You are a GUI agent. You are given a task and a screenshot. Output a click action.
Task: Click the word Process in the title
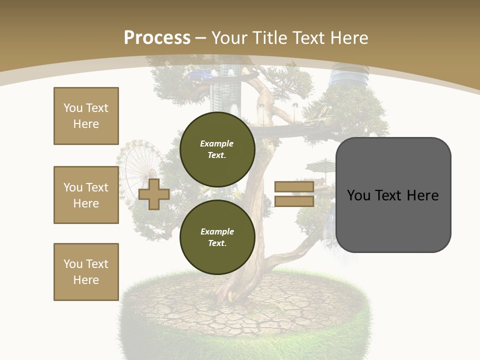click(x=157, y=38)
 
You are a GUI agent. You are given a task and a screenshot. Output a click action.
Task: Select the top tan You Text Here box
click(x=86, y=116)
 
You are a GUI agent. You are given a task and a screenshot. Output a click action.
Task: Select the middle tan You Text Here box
click(x=86, y=195)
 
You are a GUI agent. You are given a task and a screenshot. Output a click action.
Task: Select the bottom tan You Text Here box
click(x=86, y=272)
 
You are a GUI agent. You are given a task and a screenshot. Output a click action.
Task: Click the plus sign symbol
click(x=154, y=194)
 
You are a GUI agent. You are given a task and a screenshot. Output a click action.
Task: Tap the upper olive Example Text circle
click(x=217, y=149)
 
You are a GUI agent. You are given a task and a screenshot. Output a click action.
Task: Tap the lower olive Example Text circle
click(x=217, y=237)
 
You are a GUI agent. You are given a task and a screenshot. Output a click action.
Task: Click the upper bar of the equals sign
click(x=294, y=186)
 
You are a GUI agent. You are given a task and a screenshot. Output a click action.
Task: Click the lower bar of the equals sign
click(x=294, y=201)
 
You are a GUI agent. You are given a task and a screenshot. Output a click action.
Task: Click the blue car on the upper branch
click(x=198, y=75)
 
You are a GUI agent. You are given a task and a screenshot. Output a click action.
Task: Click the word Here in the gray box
click(x=422, y=195)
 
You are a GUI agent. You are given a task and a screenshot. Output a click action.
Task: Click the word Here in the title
click(x=349, y=38)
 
